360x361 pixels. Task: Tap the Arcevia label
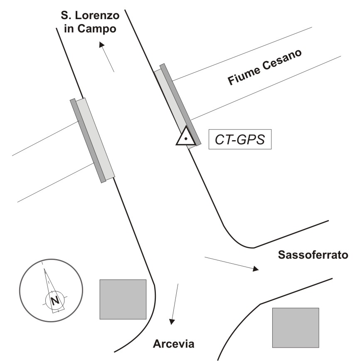(x=174, y=344)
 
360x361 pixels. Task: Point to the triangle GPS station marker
(x=185, y=137)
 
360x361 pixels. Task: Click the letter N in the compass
(x=54, y=300)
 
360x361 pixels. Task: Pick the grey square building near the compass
(x=123, y=299)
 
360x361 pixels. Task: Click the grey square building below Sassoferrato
(x=295, y=327)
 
